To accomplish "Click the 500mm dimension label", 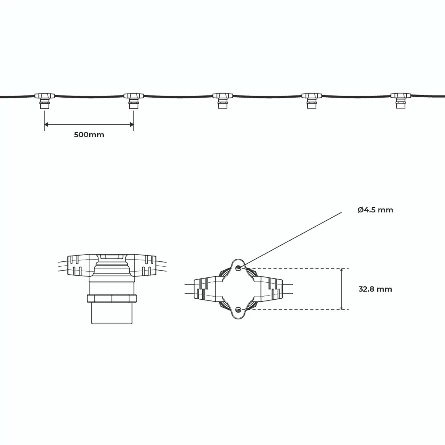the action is coord(89,135).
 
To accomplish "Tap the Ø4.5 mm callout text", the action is coord(375,210).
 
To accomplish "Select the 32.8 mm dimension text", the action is coord(375,289).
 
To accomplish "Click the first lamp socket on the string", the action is coord(44,101).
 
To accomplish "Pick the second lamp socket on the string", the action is coord(134,101).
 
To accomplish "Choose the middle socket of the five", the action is coord(222,101).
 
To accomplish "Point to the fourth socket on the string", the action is coord(312,101).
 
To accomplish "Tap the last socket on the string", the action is coord(400,101).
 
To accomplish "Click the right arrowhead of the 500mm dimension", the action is coord(132,125).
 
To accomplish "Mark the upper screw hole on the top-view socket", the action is coord(238,268).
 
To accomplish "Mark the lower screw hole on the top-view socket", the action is coord(238,309).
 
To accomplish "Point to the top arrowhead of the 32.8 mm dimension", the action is coord(342,270).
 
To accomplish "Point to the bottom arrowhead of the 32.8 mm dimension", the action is coord(342,307).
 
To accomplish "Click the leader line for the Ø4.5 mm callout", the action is coord(291,240).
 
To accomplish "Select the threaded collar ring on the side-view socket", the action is coord(112,298).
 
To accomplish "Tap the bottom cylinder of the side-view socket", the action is coord(112,313).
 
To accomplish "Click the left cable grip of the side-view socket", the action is coord(78,265).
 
